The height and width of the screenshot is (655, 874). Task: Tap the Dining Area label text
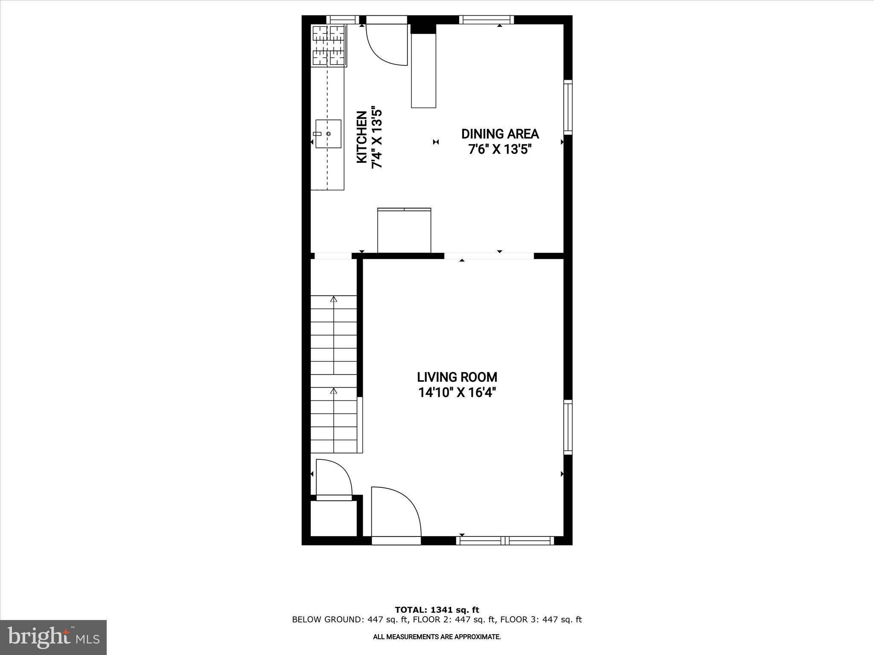click(500, 134)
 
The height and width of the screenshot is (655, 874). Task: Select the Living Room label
click(457, 377)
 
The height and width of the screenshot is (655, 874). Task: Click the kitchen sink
click(328, 134)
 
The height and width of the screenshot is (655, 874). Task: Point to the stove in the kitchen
click(329, 46)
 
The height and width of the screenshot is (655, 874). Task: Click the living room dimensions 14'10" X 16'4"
click(457, 392)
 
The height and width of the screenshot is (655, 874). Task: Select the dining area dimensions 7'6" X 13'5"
click(500, 150)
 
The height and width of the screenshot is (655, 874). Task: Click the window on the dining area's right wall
click(568, 107)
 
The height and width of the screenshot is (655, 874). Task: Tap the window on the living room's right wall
click(568, 427)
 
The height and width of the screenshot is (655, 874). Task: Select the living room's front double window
click(505, 540)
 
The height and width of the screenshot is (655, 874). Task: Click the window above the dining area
click(487, 20)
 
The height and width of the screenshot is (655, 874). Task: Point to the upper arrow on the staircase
click(333, 299)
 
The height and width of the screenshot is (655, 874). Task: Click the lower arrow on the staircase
click(333, 391)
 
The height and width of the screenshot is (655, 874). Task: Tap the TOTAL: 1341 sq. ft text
click(437, 610)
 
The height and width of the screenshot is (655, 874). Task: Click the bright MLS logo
click(53, 637)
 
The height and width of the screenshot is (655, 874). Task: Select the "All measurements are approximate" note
click(437, 637)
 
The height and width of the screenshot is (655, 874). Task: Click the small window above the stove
click(343, 20)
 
